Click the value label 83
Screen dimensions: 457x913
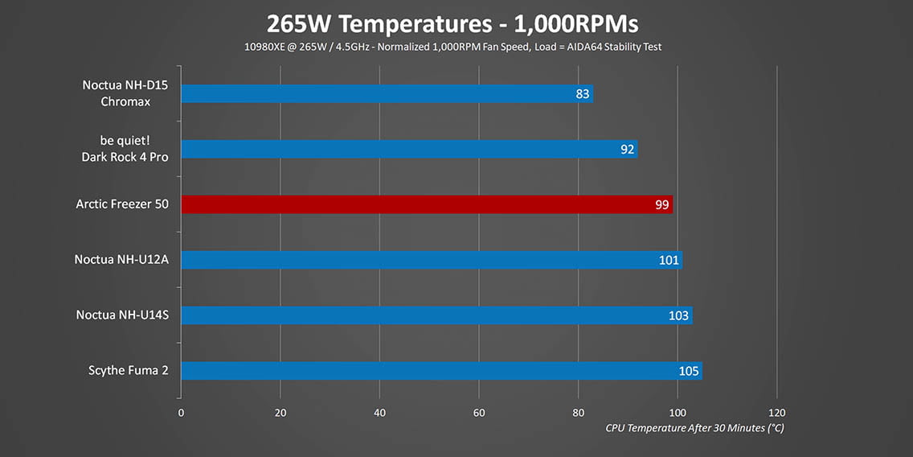click(583, 94)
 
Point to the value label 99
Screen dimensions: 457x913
click(661, 204)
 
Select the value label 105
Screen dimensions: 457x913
click(689, 371)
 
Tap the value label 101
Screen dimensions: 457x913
click(669, 260)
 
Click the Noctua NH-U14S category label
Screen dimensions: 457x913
click(122, 315)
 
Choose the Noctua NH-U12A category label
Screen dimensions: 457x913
click(122, 260)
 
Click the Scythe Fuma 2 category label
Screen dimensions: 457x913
click(129, 370)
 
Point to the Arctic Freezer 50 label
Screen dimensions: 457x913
click(122, 204)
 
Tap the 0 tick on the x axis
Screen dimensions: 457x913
click(181, 412)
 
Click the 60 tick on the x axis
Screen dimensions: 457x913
click(479, 412)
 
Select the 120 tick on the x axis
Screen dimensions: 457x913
click(776, 412)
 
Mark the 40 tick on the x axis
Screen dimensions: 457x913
click(379, 412)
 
